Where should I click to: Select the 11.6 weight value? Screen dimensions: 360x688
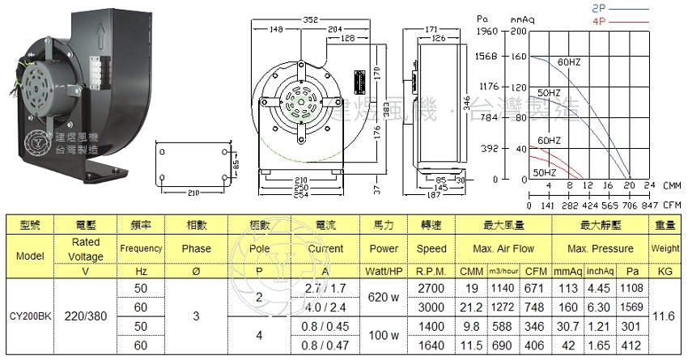[x=665, y=316]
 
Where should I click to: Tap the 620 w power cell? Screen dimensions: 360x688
[x=384, y=299]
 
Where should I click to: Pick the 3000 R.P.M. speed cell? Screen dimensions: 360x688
[x=431, y=307]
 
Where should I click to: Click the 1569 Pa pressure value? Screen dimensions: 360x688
[x=633, y=307]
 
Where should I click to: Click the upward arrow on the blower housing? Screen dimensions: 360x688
[x=100, y=36]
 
